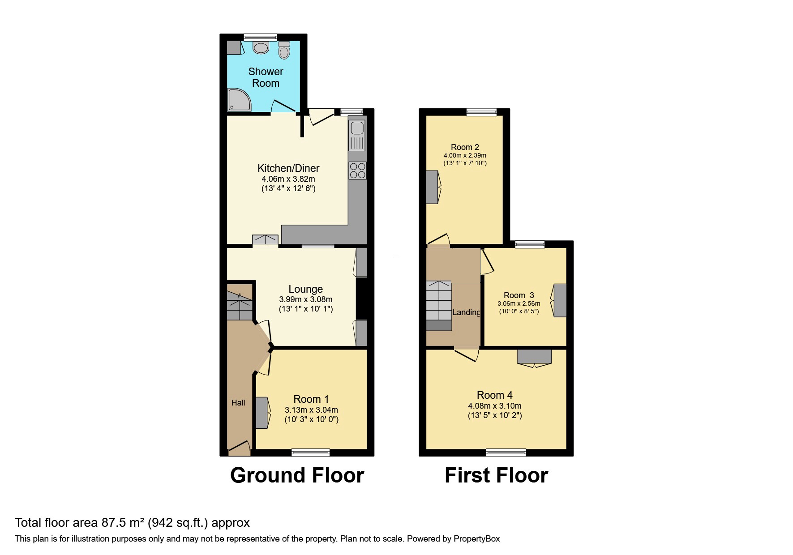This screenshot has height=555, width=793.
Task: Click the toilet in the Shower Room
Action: coord(284,50)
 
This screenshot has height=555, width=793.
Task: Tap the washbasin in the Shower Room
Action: coord(261,47)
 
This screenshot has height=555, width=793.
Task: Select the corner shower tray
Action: coord(239,99)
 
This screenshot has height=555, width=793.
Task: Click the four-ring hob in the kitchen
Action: coord(357,171)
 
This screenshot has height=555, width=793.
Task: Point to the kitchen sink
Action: coord(357,135)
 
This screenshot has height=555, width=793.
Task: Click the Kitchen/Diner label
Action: coord(288,168)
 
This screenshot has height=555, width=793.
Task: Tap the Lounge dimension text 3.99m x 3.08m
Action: coord(306,299)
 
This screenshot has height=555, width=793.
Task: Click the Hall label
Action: coord(238,403)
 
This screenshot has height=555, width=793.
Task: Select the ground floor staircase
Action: coord(240,306)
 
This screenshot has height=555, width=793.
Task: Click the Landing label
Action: coord(466,312)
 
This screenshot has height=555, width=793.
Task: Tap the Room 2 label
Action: coord(465,147)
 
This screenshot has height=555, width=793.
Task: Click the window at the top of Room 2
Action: coord(481,112)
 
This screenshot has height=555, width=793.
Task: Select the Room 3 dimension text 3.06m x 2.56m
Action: coord(519,303)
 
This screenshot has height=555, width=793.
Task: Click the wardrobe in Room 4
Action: coord(534,358)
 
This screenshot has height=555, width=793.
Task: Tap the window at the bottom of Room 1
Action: coord(311,453)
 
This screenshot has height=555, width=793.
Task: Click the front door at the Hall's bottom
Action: coord(239,448)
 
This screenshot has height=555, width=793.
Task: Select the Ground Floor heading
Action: coord(297,475)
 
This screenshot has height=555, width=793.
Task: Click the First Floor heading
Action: coord(496,475)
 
